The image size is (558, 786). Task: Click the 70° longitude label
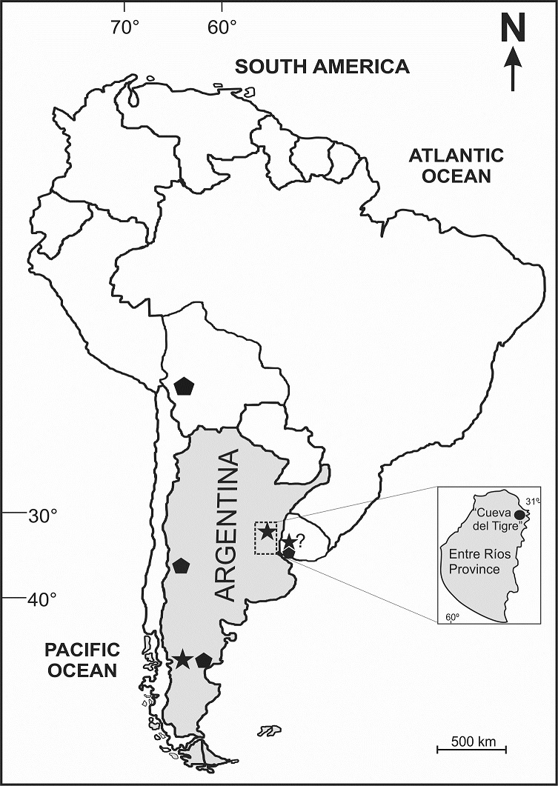pos(125,29)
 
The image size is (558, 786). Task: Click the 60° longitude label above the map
pos(222,29)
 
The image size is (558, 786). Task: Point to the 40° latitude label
pos(43,599)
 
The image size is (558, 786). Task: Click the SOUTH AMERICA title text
pos(322,67)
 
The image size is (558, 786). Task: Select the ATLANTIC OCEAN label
pos(456,166)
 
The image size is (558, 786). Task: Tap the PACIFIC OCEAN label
pos(81,660)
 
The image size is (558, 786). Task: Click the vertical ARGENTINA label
pos(228,524)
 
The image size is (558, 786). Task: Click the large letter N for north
pos(513,30)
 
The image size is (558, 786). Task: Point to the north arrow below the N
pos(513,70)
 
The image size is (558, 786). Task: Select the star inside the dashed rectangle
pos(267,533)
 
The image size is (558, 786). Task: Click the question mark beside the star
pos(300,541)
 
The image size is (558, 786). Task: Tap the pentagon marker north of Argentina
pos(184,386)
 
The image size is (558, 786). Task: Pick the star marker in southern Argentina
pos(182,659)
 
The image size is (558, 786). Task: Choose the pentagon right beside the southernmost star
pos(204,660)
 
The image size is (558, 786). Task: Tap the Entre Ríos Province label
pos(474,562)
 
